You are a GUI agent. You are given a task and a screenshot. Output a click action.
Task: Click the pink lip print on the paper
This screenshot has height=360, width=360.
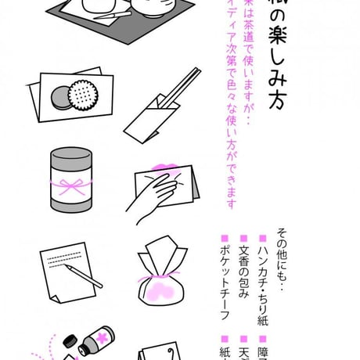point(167,171)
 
